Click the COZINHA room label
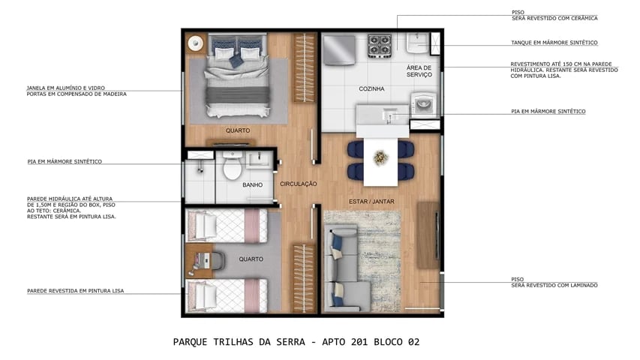click(x=371, y=88)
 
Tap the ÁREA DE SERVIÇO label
click(x=419, y=71)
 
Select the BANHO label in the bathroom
click(x=251, y=184)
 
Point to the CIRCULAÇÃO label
click(x=299, y=184)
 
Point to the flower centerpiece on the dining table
click(x=380, y=157)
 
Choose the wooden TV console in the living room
click(x=428, y=234)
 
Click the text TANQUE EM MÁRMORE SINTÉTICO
click(x=554, y=43)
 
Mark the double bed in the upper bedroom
click(x=238, y=79)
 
